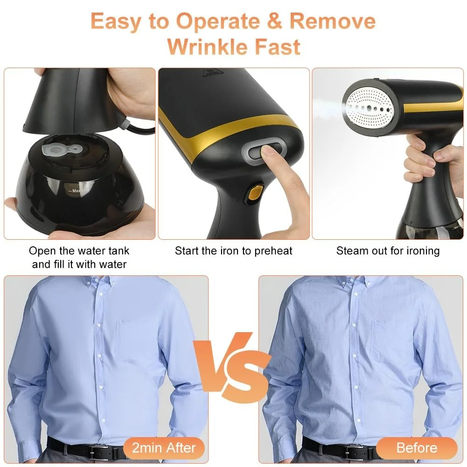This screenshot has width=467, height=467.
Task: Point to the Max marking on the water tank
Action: (x=76, y=191)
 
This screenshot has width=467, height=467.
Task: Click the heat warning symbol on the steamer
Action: (x=209, y=72)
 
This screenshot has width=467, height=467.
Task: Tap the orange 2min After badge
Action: (x=164, y=448)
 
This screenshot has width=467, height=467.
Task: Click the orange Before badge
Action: (x=417, y=448)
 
